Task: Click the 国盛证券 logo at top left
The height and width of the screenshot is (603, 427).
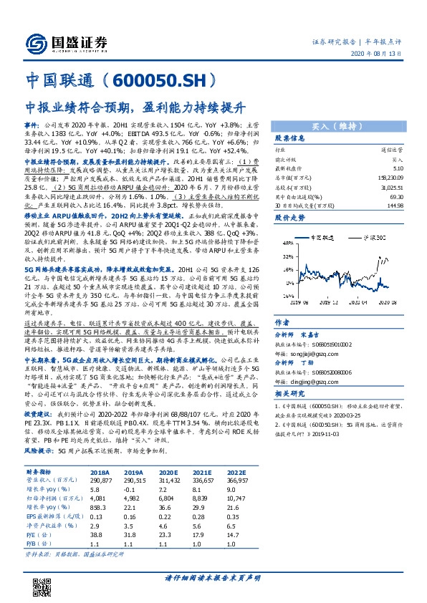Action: [62, 41]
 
